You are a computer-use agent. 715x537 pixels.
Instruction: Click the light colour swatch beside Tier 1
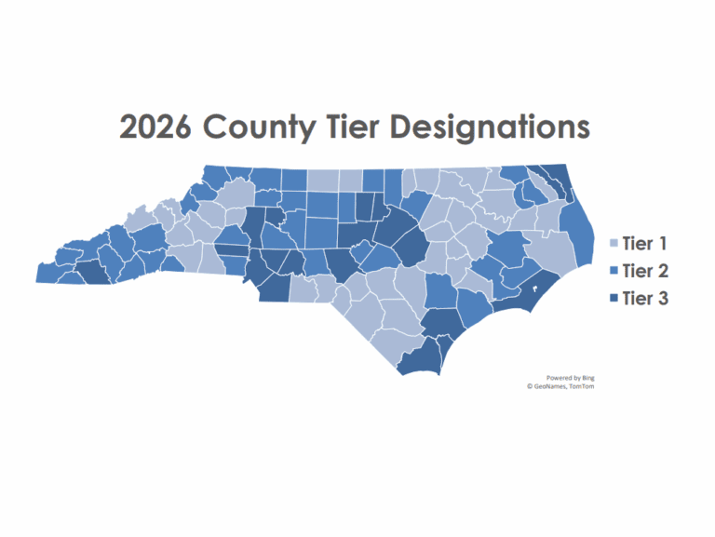pyautogui.click(x=612, y=245)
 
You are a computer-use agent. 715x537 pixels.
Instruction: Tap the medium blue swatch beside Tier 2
pyautogui.click(x=612, y=272)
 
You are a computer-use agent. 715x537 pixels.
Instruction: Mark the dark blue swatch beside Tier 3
pyautogui.click(x=612, y=300)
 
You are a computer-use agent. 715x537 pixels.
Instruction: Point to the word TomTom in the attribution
pyautogui.click(x=584, y=386)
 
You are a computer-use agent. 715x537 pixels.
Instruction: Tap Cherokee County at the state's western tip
pyautogui.click(x=52, y=273)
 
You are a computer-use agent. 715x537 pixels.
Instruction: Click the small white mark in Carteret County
pyautogui.click(x=533, y=288)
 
